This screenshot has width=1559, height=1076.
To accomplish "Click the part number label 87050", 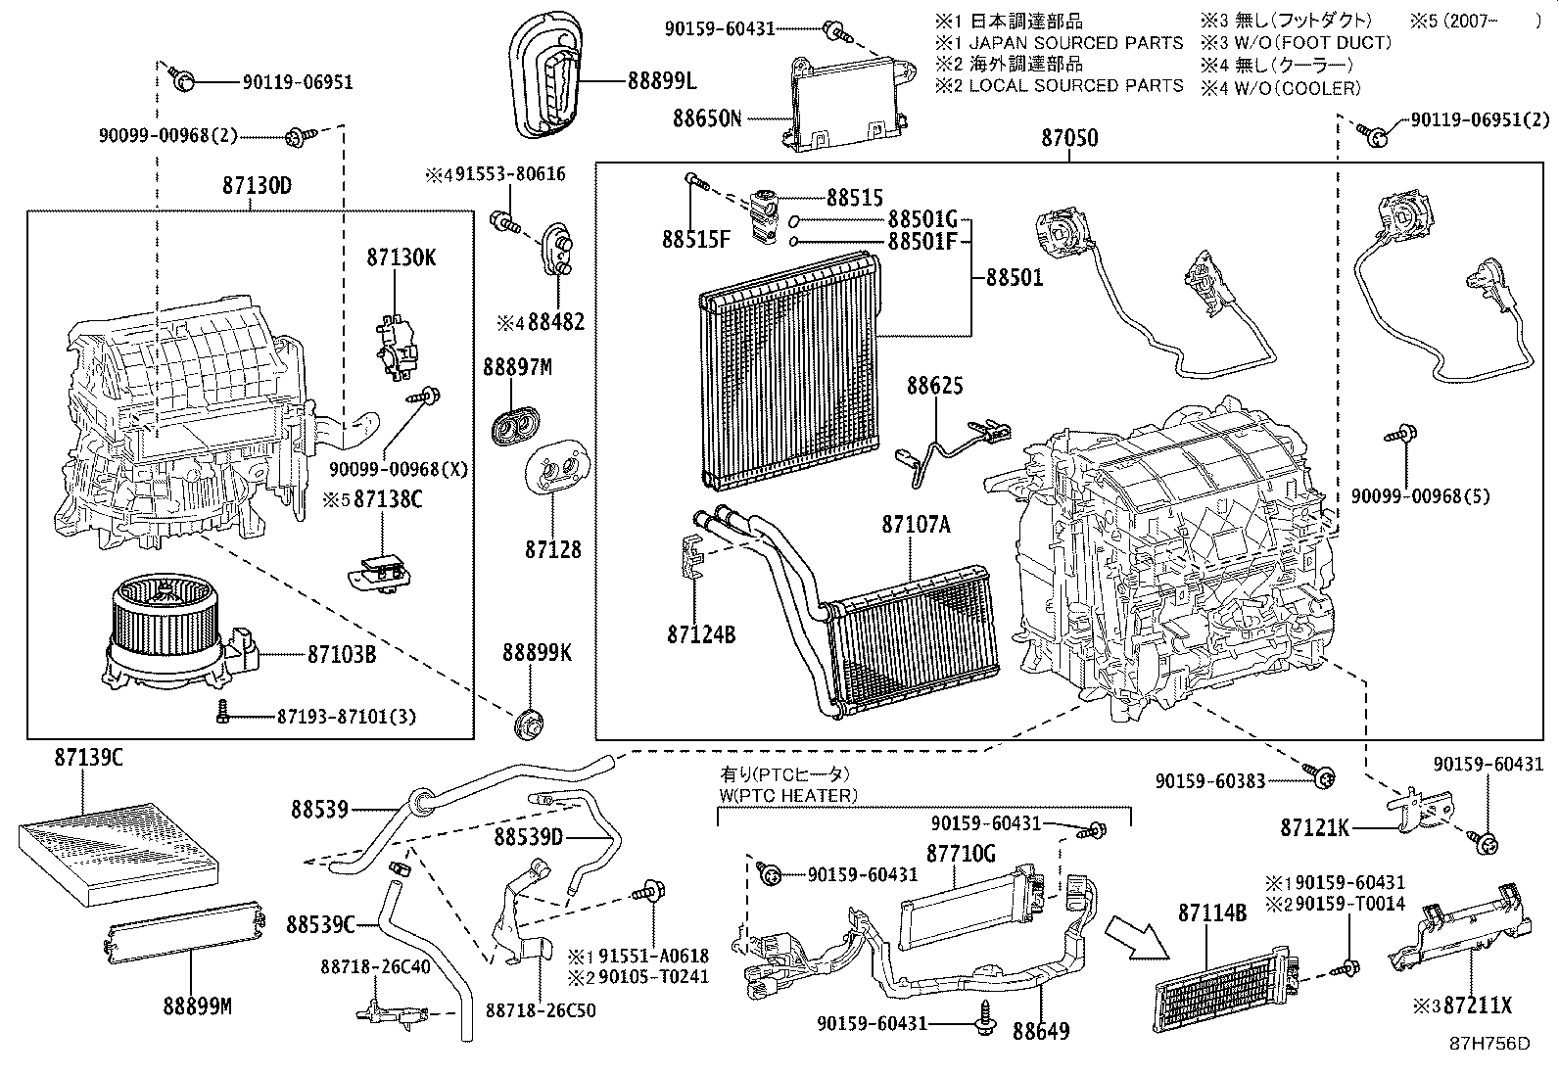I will click(x=1069, y=138).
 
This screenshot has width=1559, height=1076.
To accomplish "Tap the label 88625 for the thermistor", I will click(x=934, y=386).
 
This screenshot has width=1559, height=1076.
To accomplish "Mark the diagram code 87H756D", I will click(x=1489, y=1044).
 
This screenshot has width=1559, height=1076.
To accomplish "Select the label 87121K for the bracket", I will click(x=1315, y=828).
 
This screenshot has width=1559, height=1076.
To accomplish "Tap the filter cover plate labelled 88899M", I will click(x=186, y=930).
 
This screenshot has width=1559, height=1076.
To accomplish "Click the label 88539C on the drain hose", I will click(x=320, y=923).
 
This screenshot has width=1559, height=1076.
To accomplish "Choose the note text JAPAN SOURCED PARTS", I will click(x=1075, y=43).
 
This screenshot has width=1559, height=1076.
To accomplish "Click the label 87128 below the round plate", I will click(x=552, y=550).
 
